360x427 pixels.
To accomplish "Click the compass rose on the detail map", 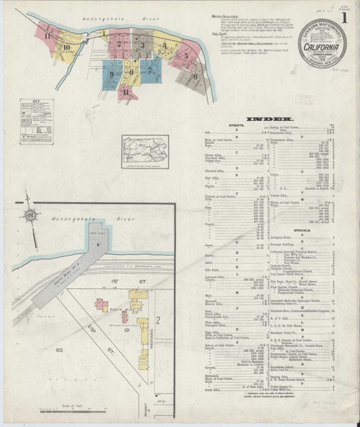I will pyautogui.click(x=31, y=216).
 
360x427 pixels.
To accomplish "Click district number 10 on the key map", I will pyautogui.click(x=65, y=48).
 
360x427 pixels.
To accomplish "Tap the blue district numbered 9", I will pyautogui.click(x=112, y=73).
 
